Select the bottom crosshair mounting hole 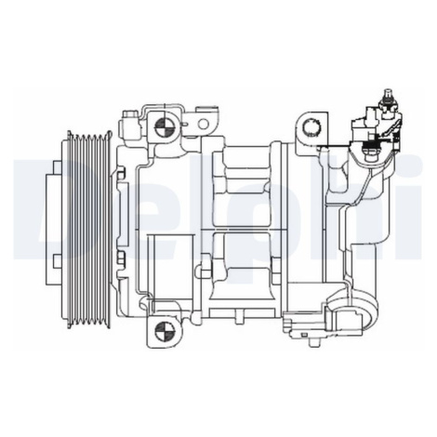click(x=164, y=332)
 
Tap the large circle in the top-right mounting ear click(x=311, y=127)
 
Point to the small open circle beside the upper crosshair click(x=203, y=124)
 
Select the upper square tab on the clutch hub click(x=57, y=166)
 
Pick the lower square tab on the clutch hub click(x=57, y=260)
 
